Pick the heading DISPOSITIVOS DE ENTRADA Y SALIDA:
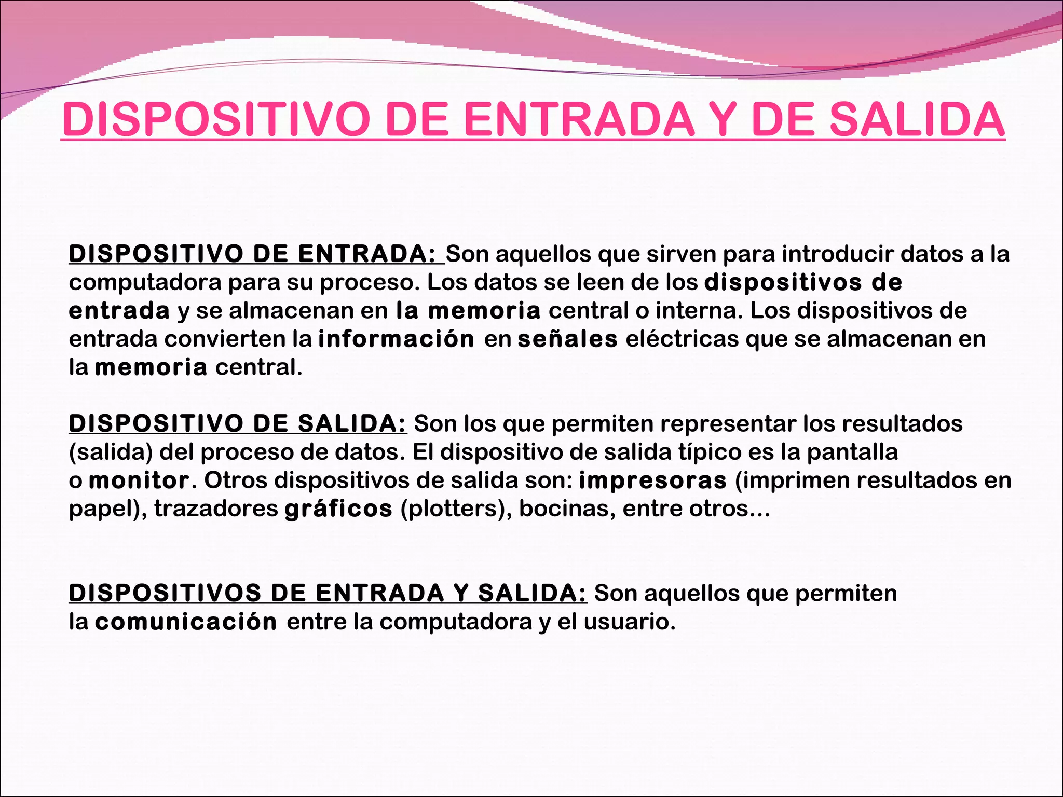pyautogui.click(x=328, y=594)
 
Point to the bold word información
pyautogui.click(x=396, y=339)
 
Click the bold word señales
pyautogui.click(x=568, y=339)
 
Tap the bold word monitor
pyautogui.click(x=139, y=480)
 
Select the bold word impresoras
pyautogui.click(x=652, y=480)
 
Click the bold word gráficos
pyautogui.click(x=338, y=509)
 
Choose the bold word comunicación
pyautogui.click(x=186, y=622)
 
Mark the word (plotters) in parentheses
pyautogui.click(x=456, y=509)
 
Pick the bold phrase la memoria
pyautogui.click(x=468, y=311)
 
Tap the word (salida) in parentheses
pyautogui.click(x=111, y=452)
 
